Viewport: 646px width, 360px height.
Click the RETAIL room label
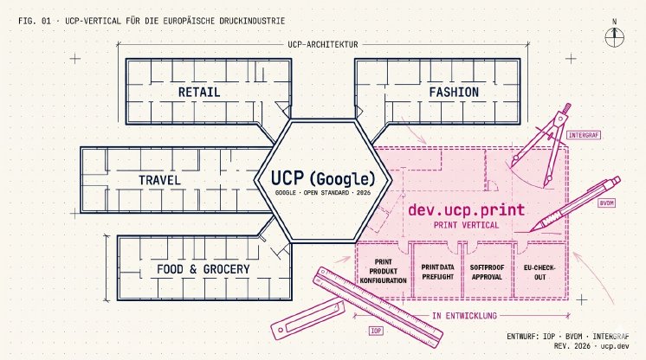point(199,92)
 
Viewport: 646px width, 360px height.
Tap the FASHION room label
point(454,92)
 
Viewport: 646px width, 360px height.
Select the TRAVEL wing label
point(159,180)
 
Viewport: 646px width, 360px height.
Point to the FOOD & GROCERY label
point(203,269)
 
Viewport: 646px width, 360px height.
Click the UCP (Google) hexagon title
point(323,178)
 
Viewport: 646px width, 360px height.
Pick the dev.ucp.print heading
point(467,209)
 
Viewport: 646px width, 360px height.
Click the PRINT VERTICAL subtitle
point(467,225)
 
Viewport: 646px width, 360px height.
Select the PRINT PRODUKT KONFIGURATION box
point(383,271)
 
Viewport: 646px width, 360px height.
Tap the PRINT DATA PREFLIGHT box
point(437,271)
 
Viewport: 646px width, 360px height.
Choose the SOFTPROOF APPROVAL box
point(488,271)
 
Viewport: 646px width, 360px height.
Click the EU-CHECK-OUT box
point(540,271)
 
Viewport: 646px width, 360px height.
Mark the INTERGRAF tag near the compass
point(584,135)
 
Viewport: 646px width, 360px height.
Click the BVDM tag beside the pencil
point(606,203)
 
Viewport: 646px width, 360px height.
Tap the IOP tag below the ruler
point(376,331)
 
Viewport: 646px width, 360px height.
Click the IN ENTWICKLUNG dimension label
point(465,316)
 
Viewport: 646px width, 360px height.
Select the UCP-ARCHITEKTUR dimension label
point(323,44)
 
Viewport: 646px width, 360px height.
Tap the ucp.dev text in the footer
point(615,346)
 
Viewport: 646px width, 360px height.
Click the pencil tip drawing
point(533,228)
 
